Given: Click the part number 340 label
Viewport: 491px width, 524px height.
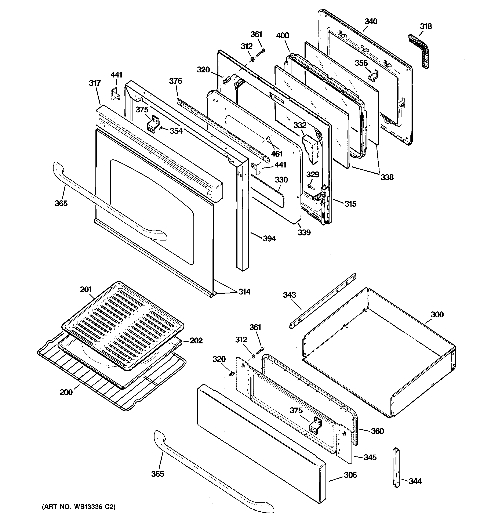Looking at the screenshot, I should point(371,22).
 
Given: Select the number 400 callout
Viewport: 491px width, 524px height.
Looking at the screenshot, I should point(283,36).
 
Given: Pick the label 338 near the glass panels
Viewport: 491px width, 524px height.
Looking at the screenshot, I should point(387,177).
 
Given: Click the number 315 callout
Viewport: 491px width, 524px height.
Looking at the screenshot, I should point(350,204).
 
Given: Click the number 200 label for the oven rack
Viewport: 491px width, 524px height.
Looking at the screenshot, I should point(66,393).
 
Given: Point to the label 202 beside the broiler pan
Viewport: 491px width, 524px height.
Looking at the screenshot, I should point(196,341).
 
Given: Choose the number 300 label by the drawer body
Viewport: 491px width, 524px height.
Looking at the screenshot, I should point(437,314).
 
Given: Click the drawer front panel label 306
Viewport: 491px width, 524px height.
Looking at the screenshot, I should point(350,475).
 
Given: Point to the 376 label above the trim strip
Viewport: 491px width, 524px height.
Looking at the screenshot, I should point(175,81).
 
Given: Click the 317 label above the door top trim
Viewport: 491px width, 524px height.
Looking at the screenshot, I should point(95,83).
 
